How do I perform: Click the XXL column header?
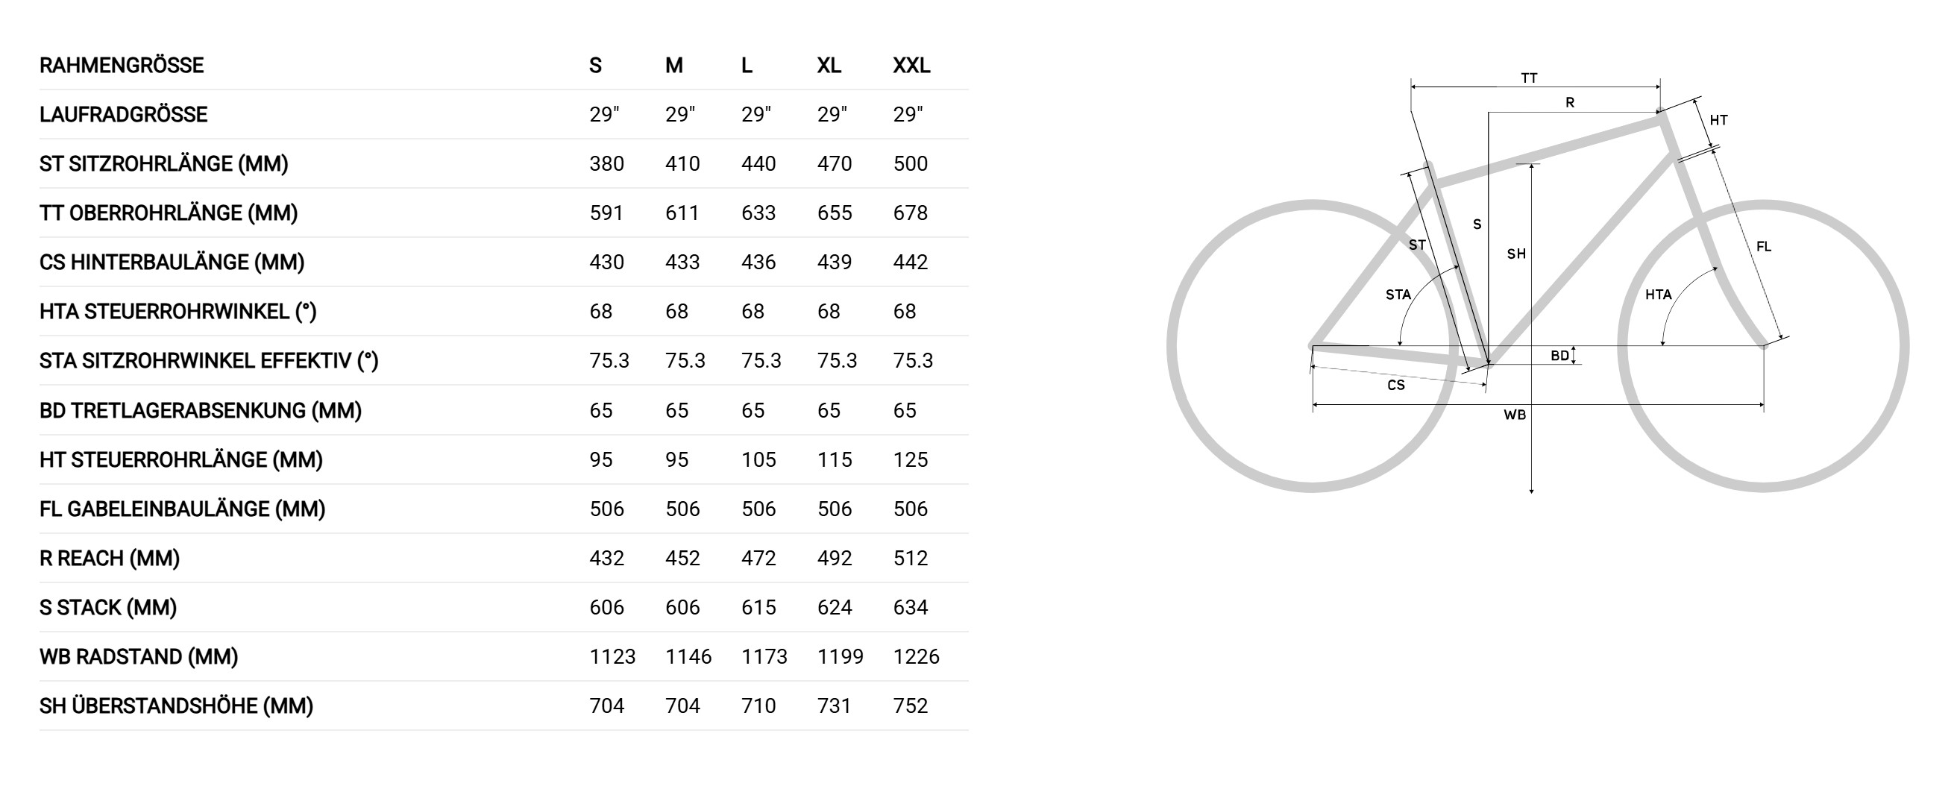(x=911, y=65)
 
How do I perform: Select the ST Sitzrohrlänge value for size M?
(x=682, y=164)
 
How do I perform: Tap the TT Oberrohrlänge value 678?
(x=910, y=213)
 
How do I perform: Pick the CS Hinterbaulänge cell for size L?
(x=758, y=263)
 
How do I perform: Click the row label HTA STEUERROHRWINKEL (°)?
(x=178, y=312)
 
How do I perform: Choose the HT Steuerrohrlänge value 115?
(x=835, y=459)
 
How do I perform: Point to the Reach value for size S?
(x=606, y=559)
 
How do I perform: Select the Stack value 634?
(x=910, y=608)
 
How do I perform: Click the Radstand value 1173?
(x=764, y=657)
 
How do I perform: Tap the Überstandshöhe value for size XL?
(x=835, y=706)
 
